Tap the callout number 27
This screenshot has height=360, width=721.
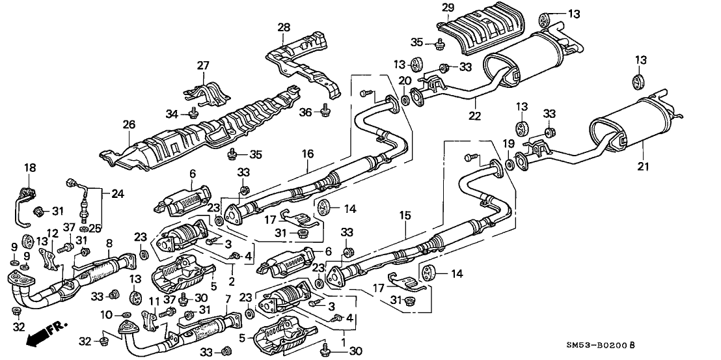coord(203,65)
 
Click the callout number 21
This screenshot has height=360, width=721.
coord(644,167)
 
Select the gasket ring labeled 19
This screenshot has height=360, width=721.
coord(510,158)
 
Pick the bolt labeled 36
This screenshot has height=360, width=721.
coord(323,113)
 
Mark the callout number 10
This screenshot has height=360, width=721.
coord(105,316)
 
